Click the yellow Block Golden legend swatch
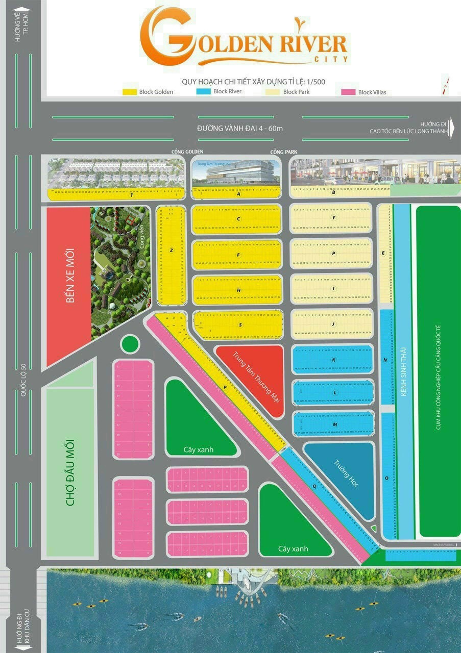[130, 92]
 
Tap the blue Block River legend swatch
[203, 91]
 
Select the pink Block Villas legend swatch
[349, 92]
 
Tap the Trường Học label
[347, 474]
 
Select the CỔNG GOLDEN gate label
[187, 152]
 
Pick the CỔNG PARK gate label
[284, 152]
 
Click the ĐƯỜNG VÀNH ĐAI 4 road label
[240, 128]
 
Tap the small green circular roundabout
[130, 343]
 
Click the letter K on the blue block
[333, 360]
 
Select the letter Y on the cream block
[333, 218]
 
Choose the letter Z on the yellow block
[172, 250]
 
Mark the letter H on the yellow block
[238, 290]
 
